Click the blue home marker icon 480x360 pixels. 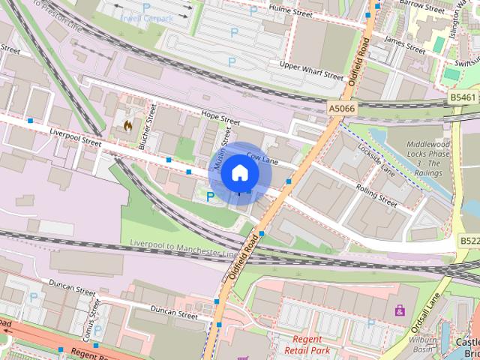(239, 172)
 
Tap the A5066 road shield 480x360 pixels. (340, 109)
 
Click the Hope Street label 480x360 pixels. (220, 118)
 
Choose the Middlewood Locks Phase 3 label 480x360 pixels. (435, 158)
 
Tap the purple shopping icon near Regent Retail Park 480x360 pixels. (400, 309)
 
